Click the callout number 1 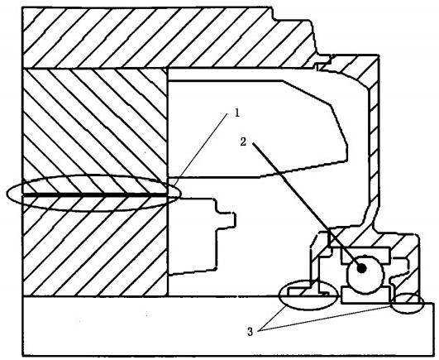(x=237, y=113)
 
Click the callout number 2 (x=243, y=142)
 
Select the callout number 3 (x=250, y=332)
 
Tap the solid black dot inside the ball (x=362, y=268)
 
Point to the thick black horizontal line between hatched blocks (x=95, y=194)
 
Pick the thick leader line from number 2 (x=306, y=204)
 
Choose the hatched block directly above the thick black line (x=95, y=130)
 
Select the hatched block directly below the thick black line (x=95, y=246)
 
